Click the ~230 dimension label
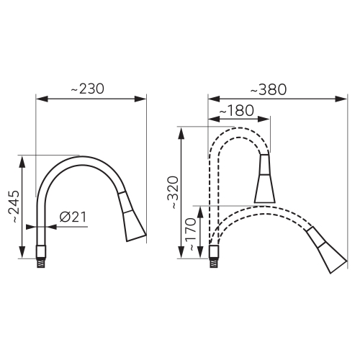[x=87, y=89]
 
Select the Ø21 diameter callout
[x=73, y=216]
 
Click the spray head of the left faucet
[x=132, y=219]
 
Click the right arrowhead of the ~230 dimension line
[x=143, y=99]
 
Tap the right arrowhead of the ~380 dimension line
[x=343, y=99]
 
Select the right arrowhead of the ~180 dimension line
[x=269, y=119]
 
